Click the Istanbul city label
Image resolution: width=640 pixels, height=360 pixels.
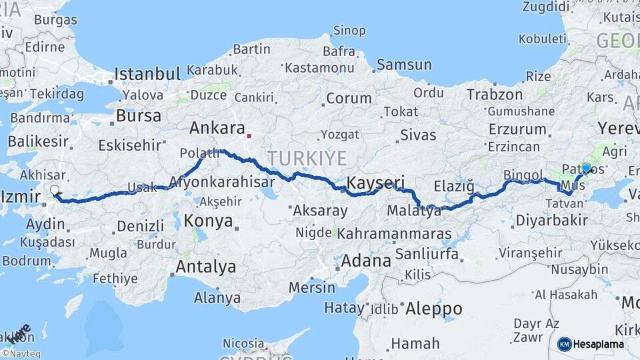147,73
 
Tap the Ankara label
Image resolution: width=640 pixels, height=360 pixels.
217,127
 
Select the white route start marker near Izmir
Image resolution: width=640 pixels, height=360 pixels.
55,191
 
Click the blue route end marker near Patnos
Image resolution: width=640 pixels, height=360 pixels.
586,168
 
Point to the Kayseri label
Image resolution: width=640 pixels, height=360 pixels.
375,182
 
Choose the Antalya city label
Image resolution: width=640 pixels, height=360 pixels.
205,267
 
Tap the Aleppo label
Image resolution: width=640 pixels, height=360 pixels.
433,309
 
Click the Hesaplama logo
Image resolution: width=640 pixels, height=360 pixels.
590,344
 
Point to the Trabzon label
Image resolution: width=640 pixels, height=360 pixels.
494,94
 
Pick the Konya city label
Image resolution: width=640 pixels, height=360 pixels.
208,221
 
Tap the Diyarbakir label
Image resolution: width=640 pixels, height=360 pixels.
551,220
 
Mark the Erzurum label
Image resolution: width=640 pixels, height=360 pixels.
517,128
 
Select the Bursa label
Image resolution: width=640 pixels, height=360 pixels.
138,115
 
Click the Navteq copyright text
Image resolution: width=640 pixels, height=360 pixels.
21,354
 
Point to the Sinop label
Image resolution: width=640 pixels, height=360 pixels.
349,30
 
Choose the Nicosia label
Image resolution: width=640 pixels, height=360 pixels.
243,343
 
